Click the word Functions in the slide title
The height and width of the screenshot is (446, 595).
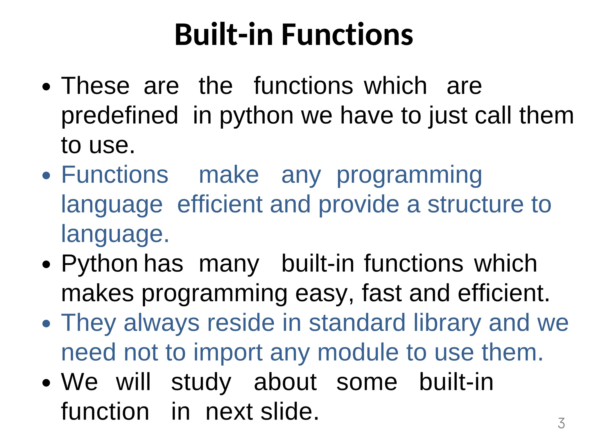point(347,35)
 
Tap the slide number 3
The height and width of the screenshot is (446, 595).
point(561,423)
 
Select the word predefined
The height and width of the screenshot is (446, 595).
point(119,116)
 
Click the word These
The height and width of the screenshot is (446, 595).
point(95,86)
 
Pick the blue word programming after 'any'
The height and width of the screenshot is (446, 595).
point(409,176)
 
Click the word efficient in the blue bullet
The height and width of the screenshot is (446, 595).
point(220,204)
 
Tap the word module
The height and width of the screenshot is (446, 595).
point(358,353)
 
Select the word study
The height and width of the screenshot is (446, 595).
point(201,383)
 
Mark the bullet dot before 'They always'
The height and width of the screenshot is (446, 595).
point(46,323)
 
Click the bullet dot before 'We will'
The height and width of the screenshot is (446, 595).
point(46,383)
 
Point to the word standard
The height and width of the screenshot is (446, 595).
point(357,323)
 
